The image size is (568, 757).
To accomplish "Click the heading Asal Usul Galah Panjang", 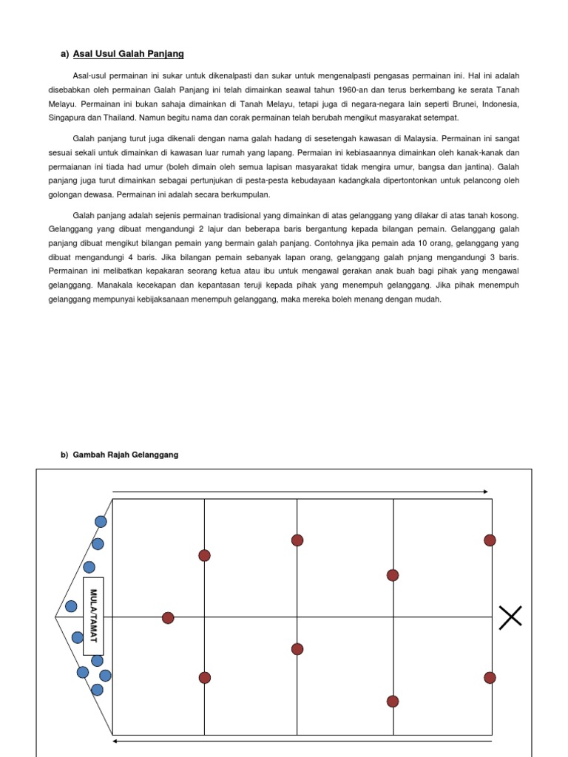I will coord(128,54).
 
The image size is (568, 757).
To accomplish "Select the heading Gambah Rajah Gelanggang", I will coord(124,455).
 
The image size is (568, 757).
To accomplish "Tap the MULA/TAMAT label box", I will coord(93,616).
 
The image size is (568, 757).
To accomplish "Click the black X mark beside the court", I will coord(510,617).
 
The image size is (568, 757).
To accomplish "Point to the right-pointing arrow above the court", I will coord(300,491).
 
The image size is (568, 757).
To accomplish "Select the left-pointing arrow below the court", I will coord(302,739).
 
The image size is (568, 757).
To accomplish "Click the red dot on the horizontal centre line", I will coord(168,617).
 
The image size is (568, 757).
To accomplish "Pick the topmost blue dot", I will coord(101,521).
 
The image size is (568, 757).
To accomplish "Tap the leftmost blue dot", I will coord(71,606).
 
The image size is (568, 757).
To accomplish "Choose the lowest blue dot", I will coord(97,690).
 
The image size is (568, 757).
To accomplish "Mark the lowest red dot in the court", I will coord(393,701).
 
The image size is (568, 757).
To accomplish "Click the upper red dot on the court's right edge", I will coord(490,540).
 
